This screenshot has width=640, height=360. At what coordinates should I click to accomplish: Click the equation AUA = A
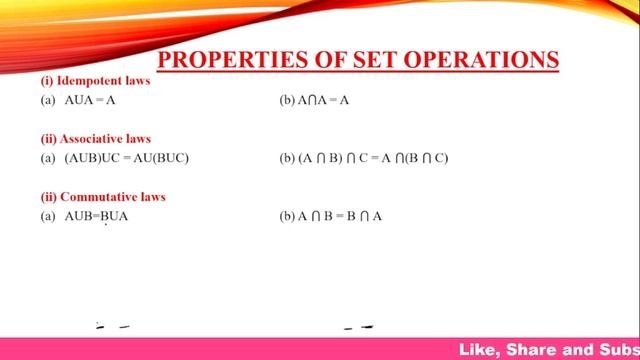[91, 101]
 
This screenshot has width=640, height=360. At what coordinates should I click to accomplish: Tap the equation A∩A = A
[322, 101]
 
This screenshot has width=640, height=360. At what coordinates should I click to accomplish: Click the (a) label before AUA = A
[48, 101]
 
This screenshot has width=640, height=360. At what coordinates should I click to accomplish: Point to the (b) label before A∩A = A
[287, 101]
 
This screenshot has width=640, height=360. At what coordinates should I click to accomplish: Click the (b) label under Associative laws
[287, 158]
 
